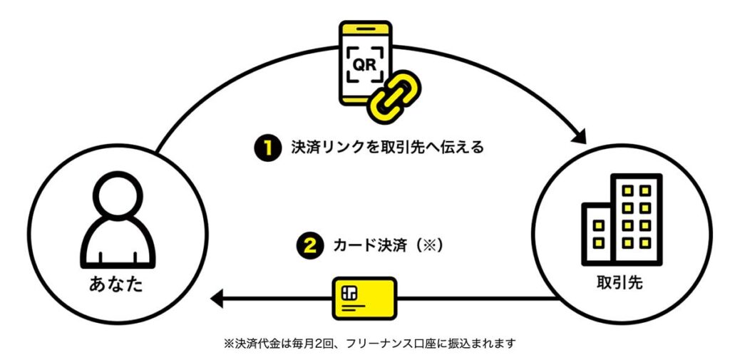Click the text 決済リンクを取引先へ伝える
(387, 148)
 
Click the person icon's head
(117, 198)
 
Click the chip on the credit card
(349, 292)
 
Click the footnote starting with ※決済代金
(369, 343)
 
